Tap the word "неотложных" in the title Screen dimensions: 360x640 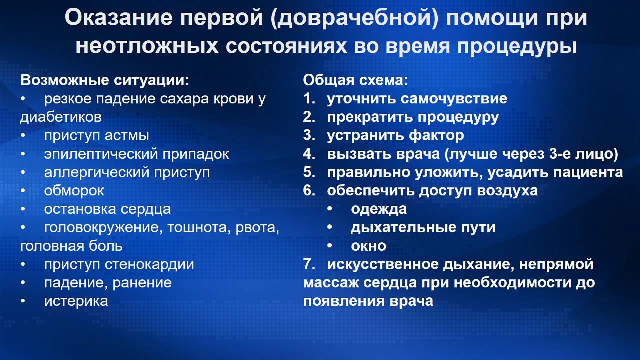tap(147, 46)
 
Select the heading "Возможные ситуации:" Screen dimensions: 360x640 tap(105, 80)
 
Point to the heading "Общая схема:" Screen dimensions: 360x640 tap(356, 80)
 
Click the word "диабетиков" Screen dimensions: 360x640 tap(61, 117)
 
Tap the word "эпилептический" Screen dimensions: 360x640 tap(100, 154)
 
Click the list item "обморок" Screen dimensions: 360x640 tap(74, 191)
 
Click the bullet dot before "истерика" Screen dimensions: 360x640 tap(23, 301)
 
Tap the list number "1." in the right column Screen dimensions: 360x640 tap(309, 99)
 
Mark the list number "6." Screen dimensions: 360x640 tap(309, 191)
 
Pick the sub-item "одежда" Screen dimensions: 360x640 tap(378, 209)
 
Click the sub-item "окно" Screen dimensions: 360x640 tap(368, 246)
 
